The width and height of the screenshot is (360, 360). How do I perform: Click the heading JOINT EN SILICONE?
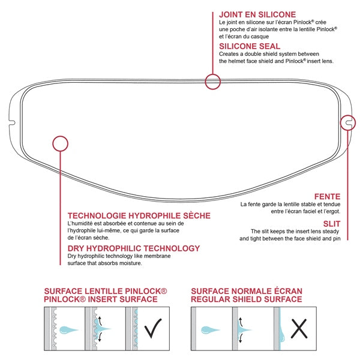(257, 14)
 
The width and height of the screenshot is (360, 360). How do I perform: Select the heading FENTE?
(328, 196)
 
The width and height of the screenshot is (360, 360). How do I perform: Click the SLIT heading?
(331, 223)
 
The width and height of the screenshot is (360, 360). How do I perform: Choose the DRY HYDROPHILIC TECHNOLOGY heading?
(134, 248)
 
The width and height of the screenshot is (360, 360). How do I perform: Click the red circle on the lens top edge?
(212, 82)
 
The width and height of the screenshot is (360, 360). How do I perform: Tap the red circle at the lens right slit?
(347, 122)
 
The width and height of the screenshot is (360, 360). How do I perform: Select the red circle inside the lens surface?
(60, 143)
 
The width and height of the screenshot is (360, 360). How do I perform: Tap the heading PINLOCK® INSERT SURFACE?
(101, 299)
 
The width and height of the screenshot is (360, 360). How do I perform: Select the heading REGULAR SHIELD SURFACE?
(247, 299)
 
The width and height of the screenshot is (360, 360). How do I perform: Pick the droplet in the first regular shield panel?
(211, 329)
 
